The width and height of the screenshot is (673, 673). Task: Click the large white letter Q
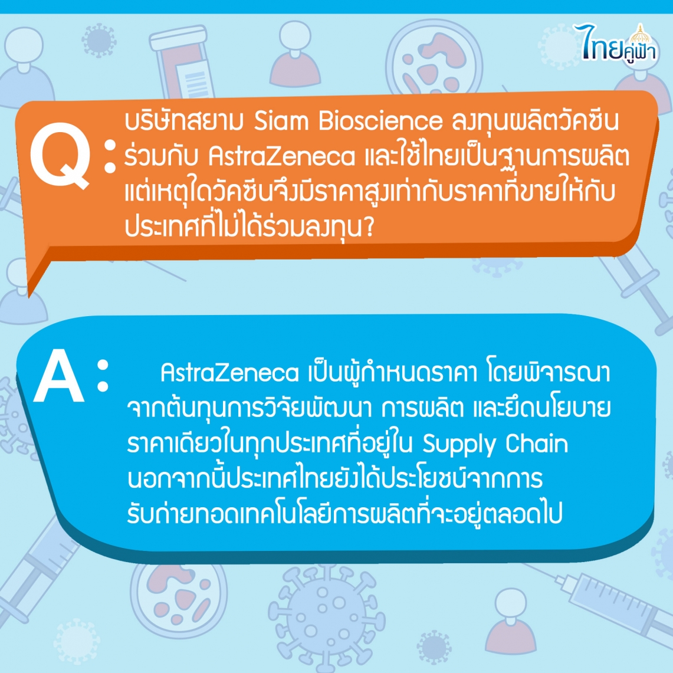tap(60, 155)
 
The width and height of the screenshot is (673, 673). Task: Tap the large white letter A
tap(59, 376)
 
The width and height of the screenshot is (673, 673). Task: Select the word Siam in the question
tap(281, 121)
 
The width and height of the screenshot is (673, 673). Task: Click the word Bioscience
tap(380, 121)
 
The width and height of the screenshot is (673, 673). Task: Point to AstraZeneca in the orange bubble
tap(282, 157)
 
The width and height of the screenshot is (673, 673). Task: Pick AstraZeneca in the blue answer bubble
tap(229, 373)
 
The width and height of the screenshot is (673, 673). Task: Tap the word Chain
tap(537, 444)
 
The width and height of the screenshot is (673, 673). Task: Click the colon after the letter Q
tap(110, 156)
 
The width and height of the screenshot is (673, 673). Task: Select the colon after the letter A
tap(103, 376)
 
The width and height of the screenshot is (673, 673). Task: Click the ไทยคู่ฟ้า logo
tap(616, 44)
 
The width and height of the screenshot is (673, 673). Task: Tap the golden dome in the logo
tap(640, 34)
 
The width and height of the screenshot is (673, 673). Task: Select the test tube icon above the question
tap(182, 63)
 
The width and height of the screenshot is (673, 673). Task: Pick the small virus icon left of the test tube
tap(99, 40)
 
